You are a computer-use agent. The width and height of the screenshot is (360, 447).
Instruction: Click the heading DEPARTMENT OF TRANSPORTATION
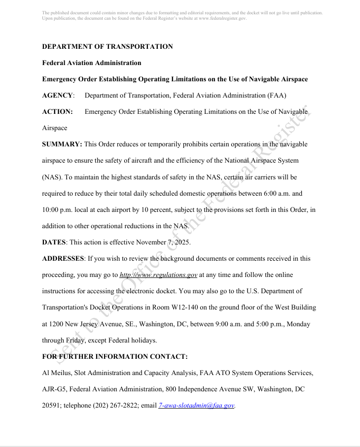108,46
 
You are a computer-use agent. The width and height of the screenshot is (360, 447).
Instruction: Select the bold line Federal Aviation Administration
92,63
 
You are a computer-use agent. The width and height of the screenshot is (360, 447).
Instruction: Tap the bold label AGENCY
58,95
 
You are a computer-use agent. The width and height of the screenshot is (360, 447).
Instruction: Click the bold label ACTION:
58,112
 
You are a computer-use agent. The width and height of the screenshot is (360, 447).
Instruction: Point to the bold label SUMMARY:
62,144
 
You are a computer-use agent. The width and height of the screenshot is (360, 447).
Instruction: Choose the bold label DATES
54,242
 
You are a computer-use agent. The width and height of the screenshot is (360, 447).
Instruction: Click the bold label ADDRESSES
63,258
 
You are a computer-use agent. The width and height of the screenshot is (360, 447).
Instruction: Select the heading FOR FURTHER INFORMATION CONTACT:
115,356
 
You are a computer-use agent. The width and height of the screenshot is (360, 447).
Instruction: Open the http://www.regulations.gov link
158,275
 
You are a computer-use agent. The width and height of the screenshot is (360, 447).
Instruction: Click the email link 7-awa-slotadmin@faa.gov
196,405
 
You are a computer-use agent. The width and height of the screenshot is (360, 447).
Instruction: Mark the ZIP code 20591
51,405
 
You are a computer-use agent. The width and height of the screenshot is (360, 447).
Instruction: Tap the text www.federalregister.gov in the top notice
222,18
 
